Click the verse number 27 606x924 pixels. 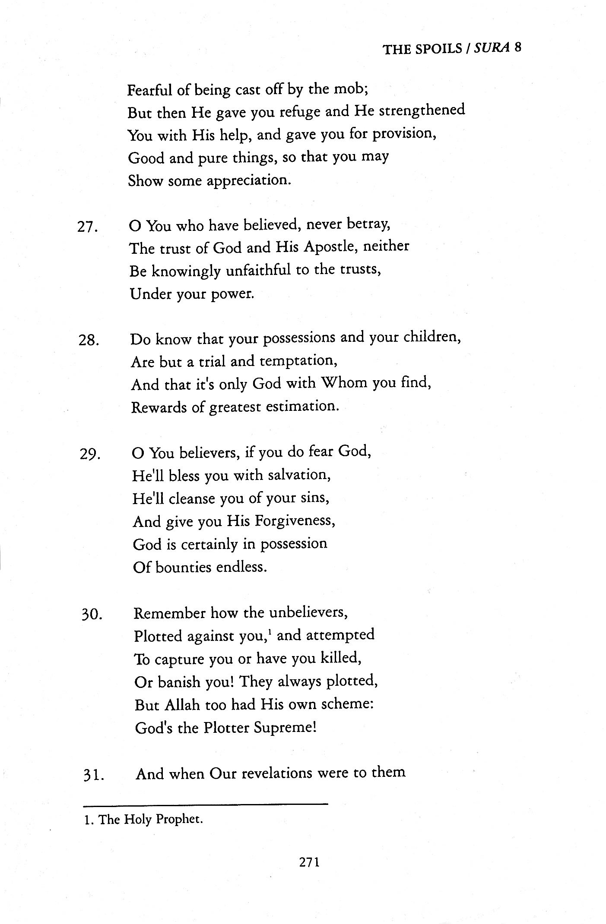click(x=88, y=227)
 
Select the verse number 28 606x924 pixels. click(x=89, y=341)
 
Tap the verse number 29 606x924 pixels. click(x=90, y=455)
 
